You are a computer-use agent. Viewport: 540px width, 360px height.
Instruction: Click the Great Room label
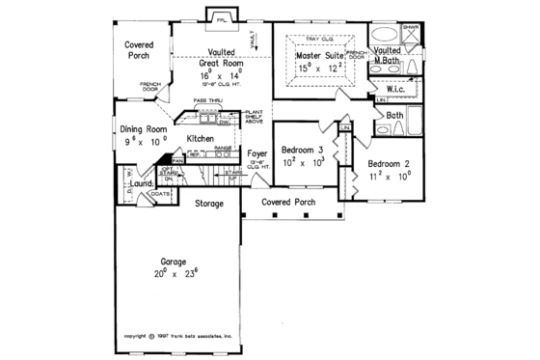pyautogui.click(x=219, y=63)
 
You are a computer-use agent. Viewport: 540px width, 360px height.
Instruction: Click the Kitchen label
pyautogui.click(x=213, y=139)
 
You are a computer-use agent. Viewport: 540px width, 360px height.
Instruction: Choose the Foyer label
pyautogui.click(x=257, y=152)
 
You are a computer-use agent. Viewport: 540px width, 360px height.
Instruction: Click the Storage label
pyautogui.click(x=209, y=204)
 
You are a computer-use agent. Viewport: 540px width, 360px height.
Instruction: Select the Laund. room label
pyautogui.click(x=145, y=182)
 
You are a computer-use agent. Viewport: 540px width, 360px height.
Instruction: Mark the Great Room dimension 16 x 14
pyautogui.click(x=219, y=74)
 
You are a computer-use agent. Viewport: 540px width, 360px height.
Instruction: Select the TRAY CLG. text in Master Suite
pyautogui.click(x=319, y=38)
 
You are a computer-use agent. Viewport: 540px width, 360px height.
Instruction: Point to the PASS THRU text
pyautogui.click(x=208, y=100)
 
